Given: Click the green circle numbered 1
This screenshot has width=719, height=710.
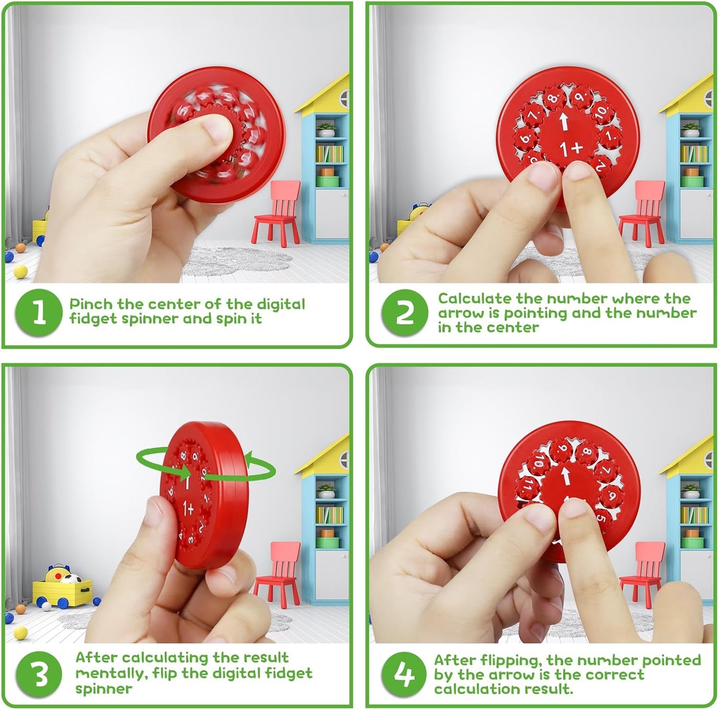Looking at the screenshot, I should click(x=39, y=312).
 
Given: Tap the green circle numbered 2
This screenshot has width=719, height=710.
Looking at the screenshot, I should click(x=404, y=312).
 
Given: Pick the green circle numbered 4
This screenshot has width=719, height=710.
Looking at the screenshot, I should click(x=405, y=675).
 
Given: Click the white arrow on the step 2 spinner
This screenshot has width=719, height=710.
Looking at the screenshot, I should click(x=563, y=121).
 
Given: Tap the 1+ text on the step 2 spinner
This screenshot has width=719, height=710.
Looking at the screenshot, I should click(x=570, y=149).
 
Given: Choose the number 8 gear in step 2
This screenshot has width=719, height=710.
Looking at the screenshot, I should click(x=552, y=98).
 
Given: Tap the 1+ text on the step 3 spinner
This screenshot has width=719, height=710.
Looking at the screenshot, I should click(x=189, y=508).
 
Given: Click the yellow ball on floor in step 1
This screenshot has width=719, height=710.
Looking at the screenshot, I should click(x=20, y=271).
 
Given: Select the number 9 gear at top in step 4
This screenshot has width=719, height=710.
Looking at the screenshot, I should click(x=562, y=448).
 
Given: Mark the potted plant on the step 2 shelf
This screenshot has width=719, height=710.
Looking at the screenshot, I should click(x=691, y=130).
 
